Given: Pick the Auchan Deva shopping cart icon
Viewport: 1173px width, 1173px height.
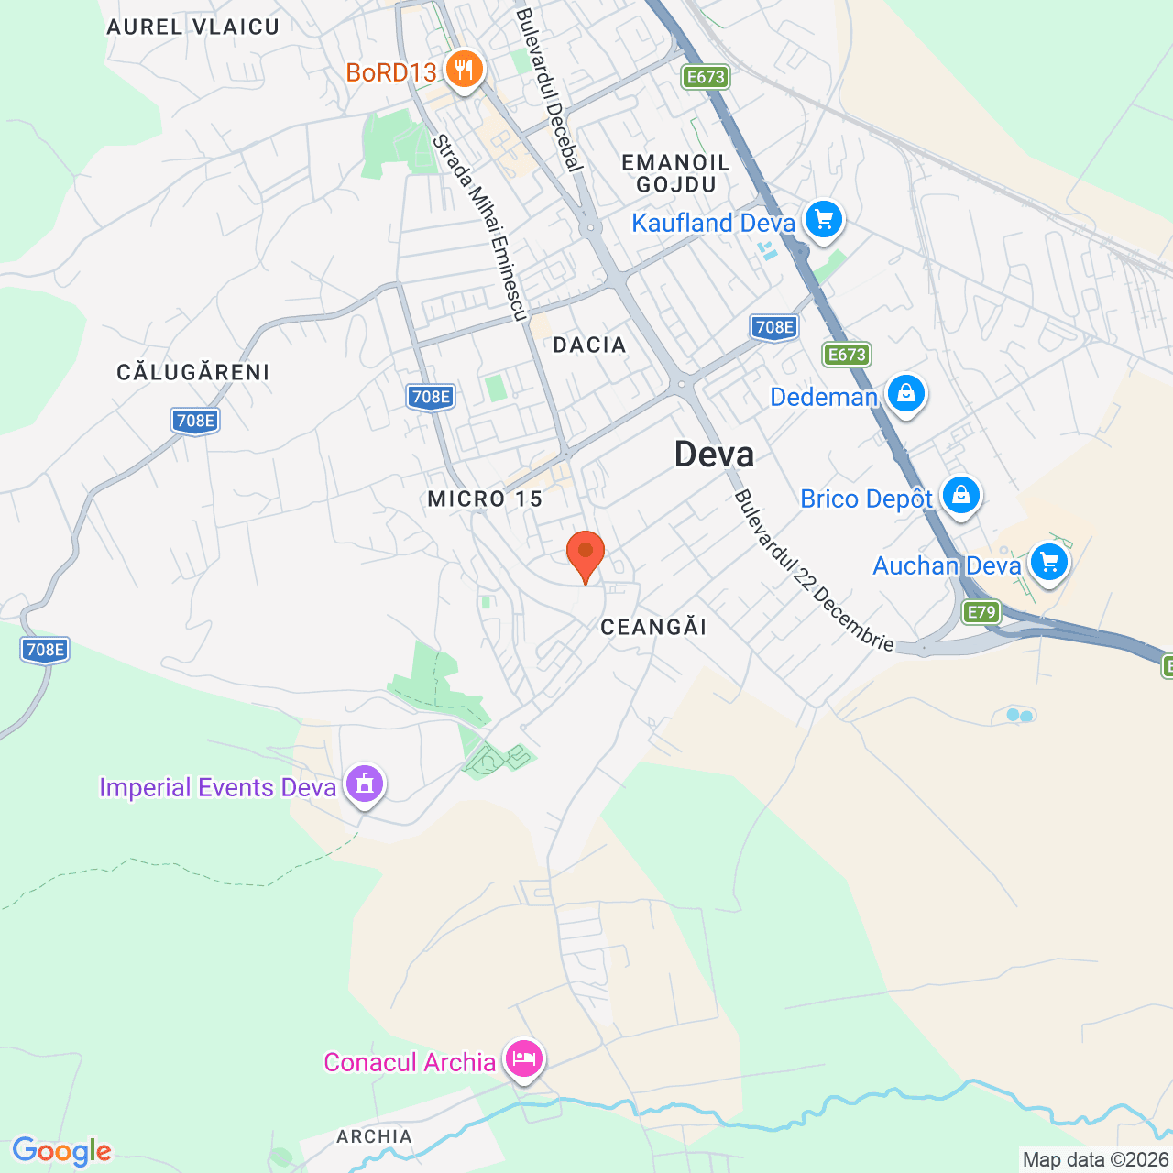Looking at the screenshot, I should [1048, 563].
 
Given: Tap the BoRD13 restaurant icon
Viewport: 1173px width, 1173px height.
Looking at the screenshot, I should [464, 70].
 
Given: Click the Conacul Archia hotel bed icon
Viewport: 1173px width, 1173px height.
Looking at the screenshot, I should [523, 1059].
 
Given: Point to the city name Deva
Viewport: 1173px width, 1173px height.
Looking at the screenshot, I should [714, 455].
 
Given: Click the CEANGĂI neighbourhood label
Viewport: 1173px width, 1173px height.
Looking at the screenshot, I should [653, 627].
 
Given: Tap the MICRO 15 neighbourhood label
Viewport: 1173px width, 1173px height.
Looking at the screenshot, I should [485, 499].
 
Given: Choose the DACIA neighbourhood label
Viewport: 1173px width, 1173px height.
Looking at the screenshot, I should [589, 345].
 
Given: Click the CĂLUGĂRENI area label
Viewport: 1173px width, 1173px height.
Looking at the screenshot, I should [193, 372].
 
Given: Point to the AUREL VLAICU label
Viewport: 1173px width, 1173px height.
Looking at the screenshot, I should [192, 27].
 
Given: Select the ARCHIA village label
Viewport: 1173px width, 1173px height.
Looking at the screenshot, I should [374, 1136].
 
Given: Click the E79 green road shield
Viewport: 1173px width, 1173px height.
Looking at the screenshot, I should [981, 612].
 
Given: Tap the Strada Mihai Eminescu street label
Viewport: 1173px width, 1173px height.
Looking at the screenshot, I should [480, 228].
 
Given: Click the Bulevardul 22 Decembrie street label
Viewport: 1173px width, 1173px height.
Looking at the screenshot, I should [814, 570].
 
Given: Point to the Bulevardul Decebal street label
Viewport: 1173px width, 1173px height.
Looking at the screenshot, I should [549, 90].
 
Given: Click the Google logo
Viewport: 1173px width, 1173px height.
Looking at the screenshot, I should [61, 1151].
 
